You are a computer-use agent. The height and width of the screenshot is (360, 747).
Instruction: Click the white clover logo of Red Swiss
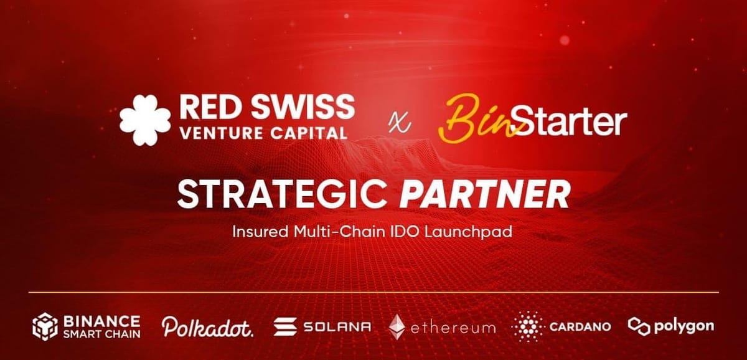[x=144, y=120]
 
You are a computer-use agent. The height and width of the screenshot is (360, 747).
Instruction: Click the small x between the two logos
[x=393, y=123]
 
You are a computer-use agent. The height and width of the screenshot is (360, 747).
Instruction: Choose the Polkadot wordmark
[x=208, y=326]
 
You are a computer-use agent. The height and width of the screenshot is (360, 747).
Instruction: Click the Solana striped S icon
[x=285, y=326]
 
